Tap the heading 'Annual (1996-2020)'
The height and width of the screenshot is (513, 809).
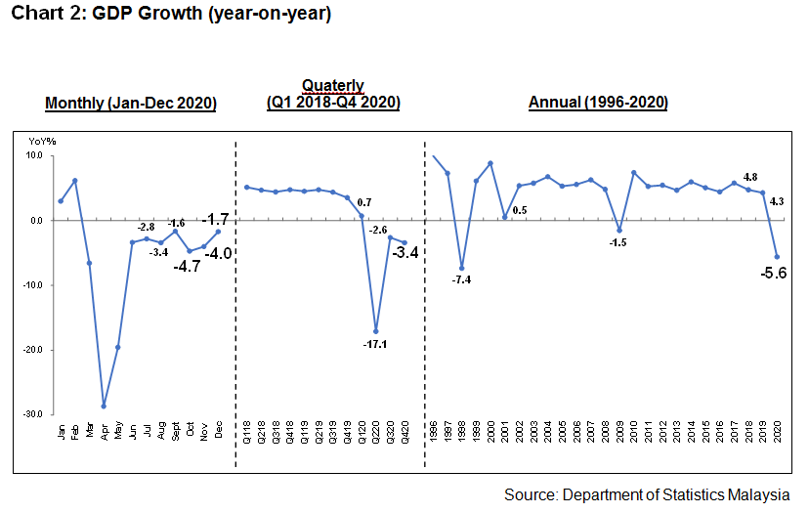click(598, 102)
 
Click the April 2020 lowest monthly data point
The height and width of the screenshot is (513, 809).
click(103, 406)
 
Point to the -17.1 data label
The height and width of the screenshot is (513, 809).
click(374, 344)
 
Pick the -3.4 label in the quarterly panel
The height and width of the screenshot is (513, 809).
click(405, 253)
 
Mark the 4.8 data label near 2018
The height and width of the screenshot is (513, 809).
click(749, 177)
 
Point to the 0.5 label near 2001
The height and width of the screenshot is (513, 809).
click(520, 210)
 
